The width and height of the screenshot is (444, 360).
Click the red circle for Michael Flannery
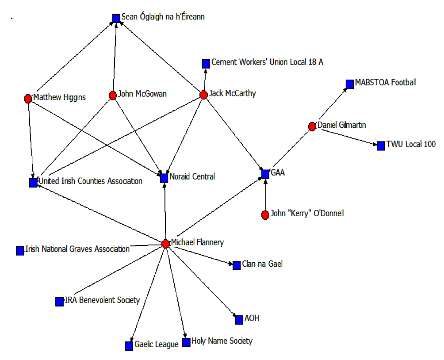pos(165,244)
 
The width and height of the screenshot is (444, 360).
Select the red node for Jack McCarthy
pos(203,95)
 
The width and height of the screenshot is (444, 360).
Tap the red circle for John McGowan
pos(113,95)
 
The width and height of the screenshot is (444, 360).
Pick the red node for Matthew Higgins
pos(28,99)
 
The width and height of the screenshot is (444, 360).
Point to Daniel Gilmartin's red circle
pos(312,126)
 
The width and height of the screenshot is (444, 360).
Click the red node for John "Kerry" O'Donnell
pos(265,215)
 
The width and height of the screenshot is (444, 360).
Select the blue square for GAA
pos(265,174)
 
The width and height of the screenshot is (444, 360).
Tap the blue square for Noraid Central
pos(164,178)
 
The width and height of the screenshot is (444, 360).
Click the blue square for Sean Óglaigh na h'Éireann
pos(116,18)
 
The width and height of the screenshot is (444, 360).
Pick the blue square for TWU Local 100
pos(381,146)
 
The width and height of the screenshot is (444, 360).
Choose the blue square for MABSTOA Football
pos(350,84)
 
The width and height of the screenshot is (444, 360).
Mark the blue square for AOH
pos(239,320)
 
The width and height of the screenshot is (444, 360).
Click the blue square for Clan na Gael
pos(237,265)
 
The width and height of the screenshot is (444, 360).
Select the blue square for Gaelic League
pos(129,346)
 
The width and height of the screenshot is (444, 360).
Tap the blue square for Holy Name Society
pos(186,342)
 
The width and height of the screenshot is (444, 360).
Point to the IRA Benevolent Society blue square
pos(59,302)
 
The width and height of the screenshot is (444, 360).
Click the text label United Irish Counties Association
pos(90,181)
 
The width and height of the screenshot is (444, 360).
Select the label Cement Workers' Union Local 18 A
pos(267,62)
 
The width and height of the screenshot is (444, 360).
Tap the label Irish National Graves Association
pos(77,249)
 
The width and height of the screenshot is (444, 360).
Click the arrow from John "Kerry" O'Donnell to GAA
pos(265,195)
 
